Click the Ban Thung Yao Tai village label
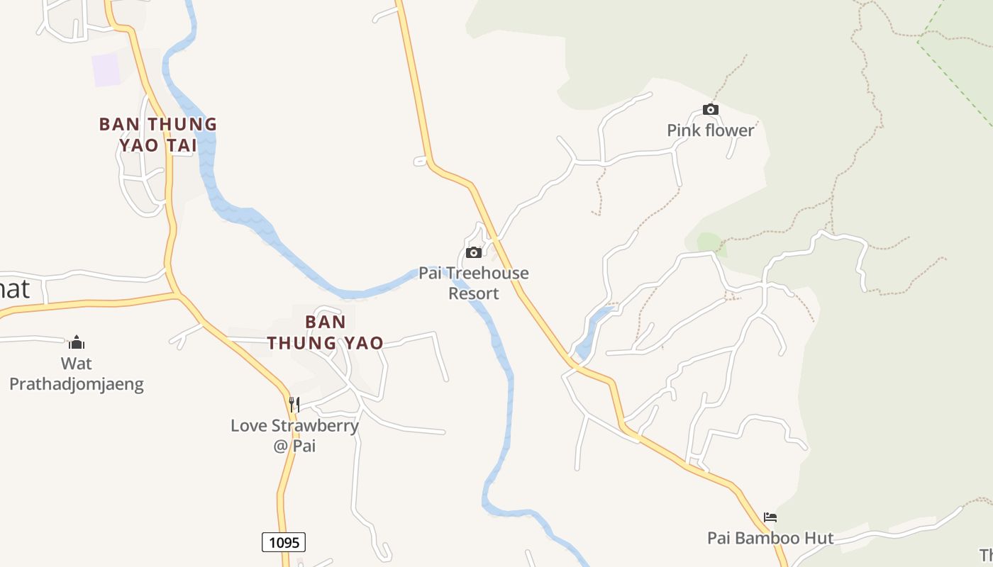157,135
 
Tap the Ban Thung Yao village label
325,332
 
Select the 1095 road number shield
284,543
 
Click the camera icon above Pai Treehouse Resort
474,252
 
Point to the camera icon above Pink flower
710,109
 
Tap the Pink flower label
710,130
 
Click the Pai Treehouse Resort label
474,283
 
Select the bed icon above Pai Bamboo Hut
770,517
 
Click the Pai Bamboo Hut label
770,538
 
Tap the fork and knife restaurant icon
294,405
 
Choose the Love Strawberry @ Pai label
294,435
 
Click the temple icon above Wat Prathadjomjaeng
77,343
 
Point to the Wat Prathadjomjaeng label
77,374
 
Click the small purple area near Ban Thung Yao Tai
106,69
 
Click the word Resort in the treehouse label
474,293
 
